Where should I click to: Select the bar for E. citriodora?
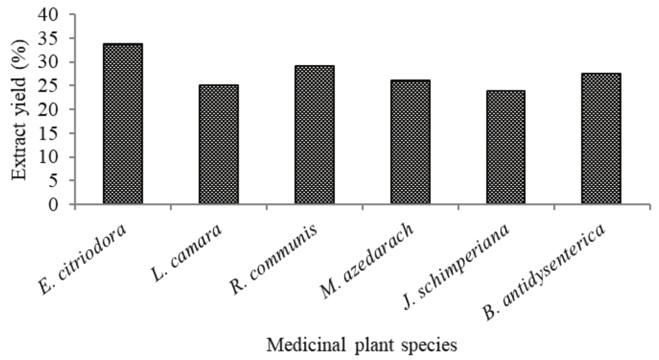122,124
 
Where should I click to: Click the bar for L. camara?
219,145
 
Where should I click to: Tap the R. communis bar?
315,135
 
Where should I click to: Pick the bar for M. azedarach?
410,142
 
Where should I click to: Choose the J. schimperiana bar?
506,148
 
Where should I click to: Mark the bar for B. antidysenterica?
602,138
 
